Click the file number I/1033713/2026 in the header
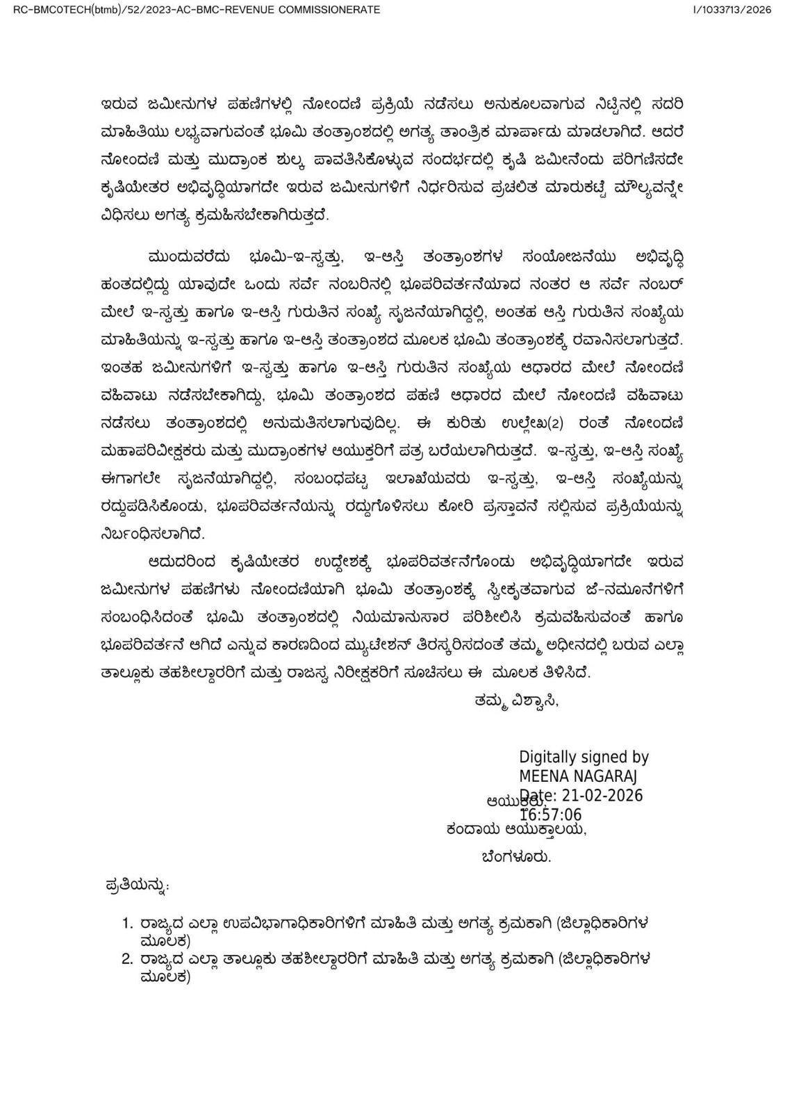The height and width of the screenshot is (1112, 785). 732,10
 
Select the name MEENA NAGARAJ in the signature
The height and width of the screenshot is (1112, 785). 578,776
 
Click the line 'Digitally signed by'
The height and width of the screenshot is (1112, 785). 584,758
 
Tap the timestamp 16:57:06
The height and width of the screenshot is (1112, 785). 551,815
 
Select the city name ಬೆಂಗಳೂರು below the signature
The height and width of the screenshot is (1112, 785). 516,857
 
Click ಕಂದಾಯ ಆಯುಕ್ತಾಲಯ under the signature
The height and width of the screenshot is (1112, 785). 516,829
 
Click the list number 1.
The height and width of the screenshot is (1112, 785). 126,924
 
